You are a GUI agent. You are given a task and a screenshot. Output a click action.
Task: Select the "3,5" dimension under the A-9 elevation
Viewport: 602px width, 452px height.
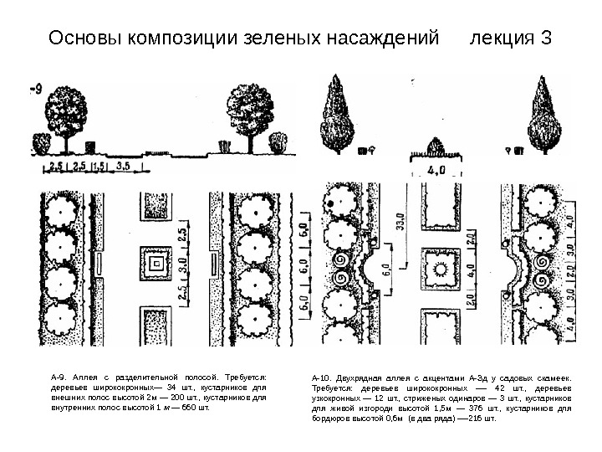[x=122, y=166]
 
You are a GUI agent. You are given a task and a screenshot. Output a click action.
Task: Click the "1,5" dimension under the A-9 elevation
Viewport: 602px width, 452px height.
[x=99, y=166]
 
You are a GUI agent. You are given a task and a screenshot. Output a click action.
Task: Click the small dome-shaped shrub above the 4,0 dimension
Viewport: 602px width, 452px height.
[x=438, y=149]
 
